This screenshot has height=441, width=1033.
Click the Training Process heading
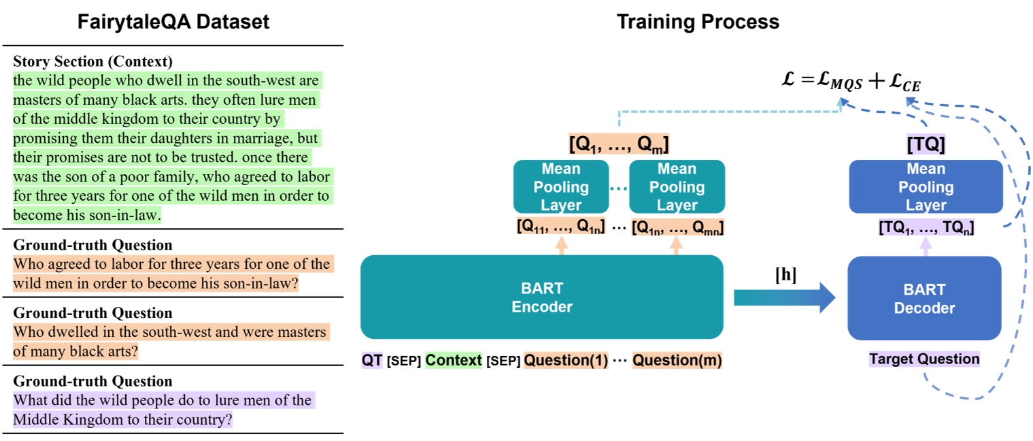[x=698, y=22]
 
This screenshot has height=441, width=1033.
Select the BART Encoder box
[x=541, y=297]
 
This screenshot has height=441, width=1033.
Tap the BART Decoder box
[x=924, y=299]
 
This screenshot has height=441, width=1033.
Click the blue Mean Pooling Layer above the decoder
[x=926, y=187]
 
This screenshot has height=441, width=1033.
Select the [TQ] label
[x=926, y=144]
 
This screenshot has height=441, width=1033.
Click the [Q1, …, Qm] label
[x=618, y=144]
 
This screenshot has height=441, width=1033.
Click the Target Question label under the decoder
[x=924, y=359]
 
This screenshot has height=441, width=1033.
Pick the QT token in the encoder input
[x=372, y=360]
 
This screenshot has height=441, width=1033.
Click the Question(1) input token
[x=566, y=360]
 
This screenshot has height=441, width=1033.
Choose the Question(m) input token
[x=677, y=360]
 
